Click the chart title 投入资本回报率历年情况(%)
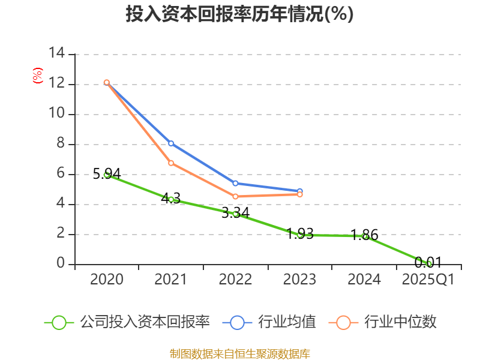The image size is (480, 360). [x=239, y=14]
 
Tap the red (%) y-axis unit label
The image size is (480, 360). [x=38, y=76]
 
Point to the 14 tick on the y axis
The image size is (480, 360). [x=57, y=53]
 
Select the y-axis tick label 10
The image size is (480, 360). [x=57, y=114]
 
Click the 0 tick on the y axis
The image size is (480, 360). [x=61, y=264]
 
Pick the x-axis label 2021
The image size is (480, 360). [x=170, y=280]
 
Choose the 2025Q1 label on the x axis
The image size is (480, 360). [x=428, y=280]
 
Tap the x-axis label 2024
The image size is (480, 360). [x=364, y=280]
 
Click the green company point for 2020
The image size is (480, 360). [x=107, y=175]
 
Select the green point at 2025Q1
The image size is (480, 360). [x=429, y=263]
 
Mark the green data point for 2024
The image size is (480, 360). [x=364, y=236]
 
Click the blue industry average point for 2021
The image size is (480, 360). [x=171, y=143]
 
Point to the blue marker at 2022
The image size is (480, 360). [x=235, y=183]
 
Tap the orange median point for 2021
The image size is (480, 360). [x=171, y=163]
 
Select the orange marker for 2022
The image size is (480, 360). [x=235, y=196]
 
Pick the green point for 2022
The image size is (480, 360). [x=235, y=214]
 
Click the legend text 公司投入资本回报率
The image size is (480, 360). [x=145, y=322]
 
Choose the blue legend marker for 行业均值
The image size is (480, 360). [x=237, y=322]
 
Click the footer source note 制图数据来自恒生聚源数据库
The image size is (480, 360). [x=239, y=353]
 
